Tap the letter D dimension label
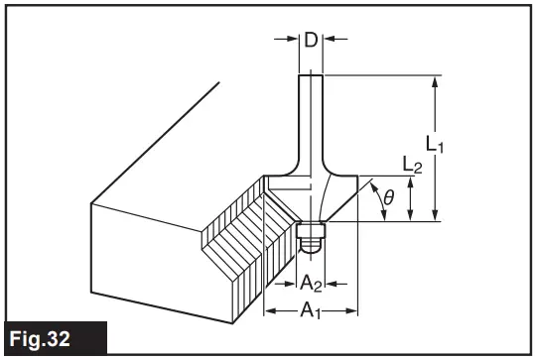[x=311, y=41]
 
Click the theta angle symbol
[x=388, y=199]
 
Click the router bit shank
[x=310, y=119]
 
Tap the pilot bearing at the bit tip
[x=312, y=236]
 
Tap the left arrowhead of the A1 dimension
[x=268, y=310]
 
